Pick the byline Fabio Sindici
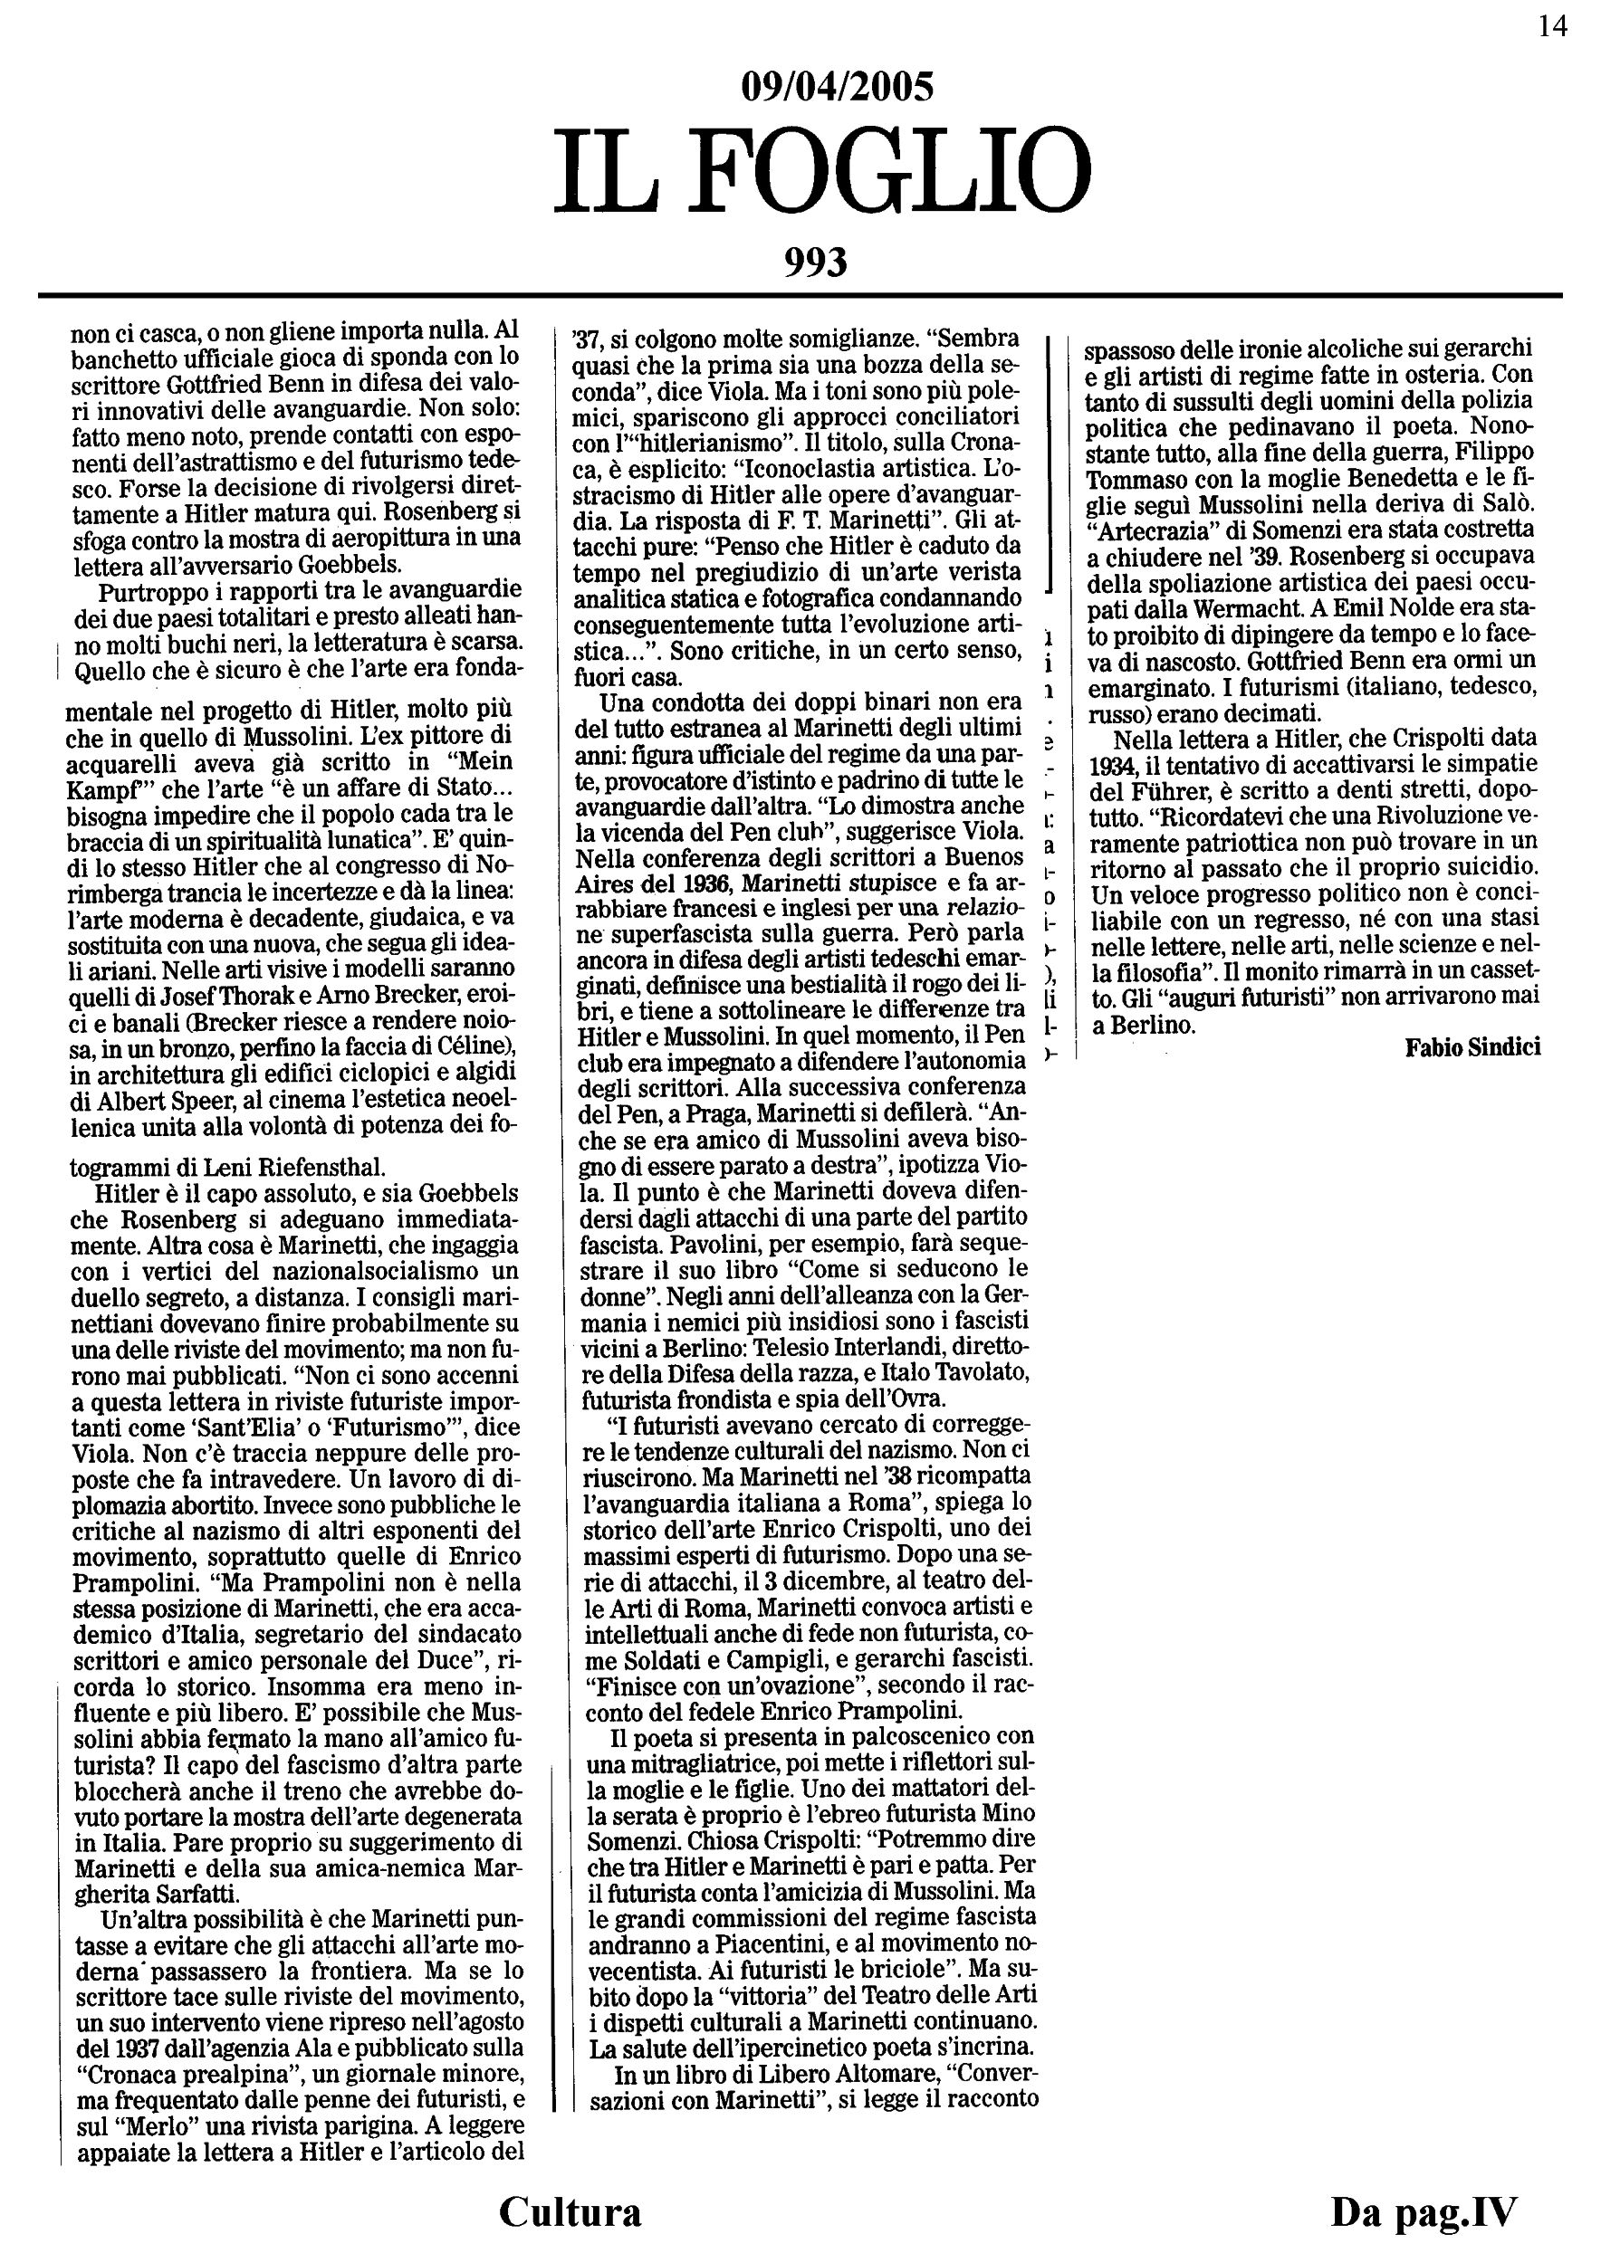tap(1472, 1047)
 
